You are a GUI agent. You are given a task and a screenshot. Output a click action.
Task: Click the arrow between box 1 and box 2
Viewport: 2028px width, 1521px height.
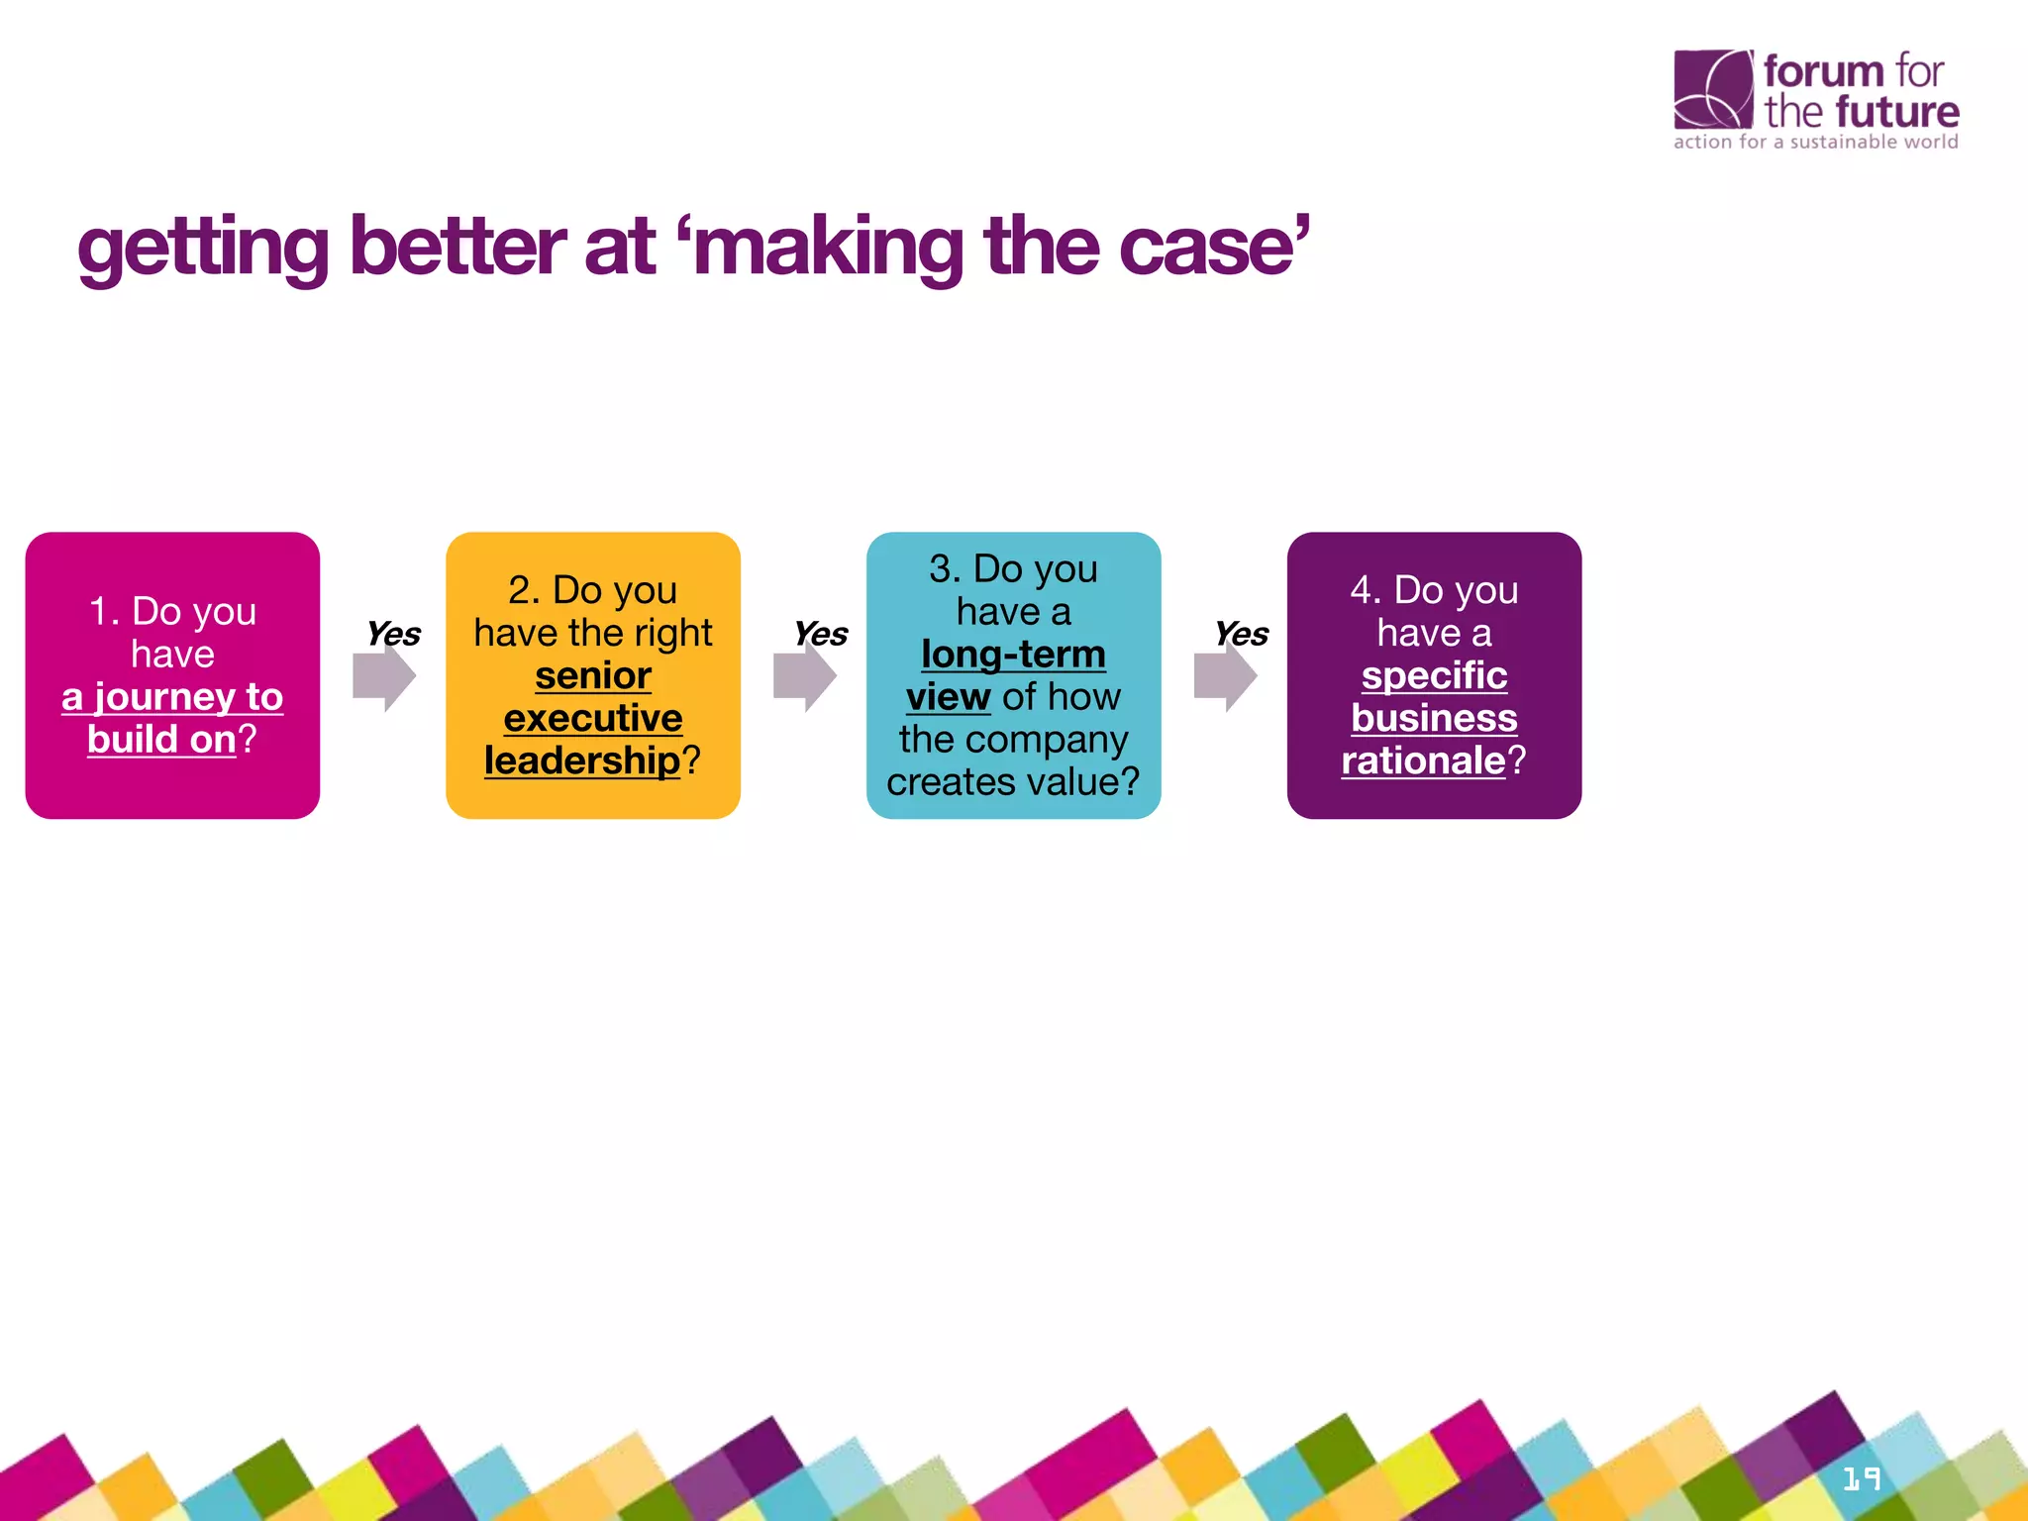384,677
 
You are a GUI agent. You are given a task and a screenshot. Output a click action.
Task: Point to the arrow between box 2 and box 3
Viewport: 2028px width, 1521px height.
805,677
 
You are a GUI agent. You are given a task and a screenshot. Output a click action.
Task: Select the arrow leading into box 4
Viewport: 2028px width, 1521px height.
1225,677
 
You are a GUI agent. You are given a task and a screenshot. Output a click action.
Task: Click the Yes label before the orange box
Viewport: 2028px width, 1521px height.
393,634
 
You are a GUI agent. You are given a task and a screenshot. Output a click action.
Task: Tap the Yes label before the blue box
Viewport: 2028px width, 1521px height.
821,634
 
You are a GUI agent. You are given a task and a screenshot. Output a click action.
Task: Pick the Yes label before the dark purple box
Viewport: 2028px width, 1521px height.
1242,634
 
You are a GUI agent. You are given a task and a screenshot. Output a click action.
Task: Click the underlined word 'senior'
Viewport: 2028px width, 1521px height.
593,675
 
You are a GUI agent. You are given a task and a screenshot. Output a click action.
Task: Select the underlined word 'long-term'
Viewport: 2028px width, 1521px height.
1013,655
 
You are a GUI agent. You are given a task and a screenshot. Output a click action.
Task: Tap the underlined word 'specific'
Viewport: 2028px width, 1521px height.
1434,675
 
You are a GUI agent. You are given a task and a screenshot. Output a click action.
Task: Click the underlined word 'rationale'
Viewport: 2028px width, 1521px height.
1423,760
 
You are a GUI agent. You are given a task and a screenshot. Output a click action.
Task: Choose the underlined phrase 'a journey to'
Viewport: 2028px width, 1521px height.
172,697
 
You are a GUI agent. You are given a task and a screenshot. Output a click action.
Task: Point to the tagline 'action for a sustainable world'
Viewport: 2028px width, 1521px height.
1815,142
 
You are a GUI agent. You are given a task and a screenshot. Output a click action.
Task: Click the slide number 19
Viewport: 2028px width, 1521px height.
1862,1479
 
